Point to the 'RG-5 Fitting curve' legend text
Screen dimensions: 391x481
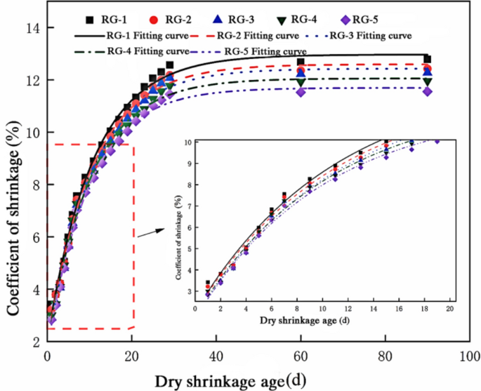point(265,51)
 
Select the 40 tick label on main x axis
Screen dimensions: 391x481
point(216,356)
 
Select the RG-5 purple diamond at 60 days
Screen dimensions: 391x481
point(301,92)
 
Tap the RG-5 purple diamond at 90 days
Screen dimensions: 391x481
point(427,91)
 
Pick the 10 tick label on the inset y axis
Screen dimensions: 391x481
point(185,143)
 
